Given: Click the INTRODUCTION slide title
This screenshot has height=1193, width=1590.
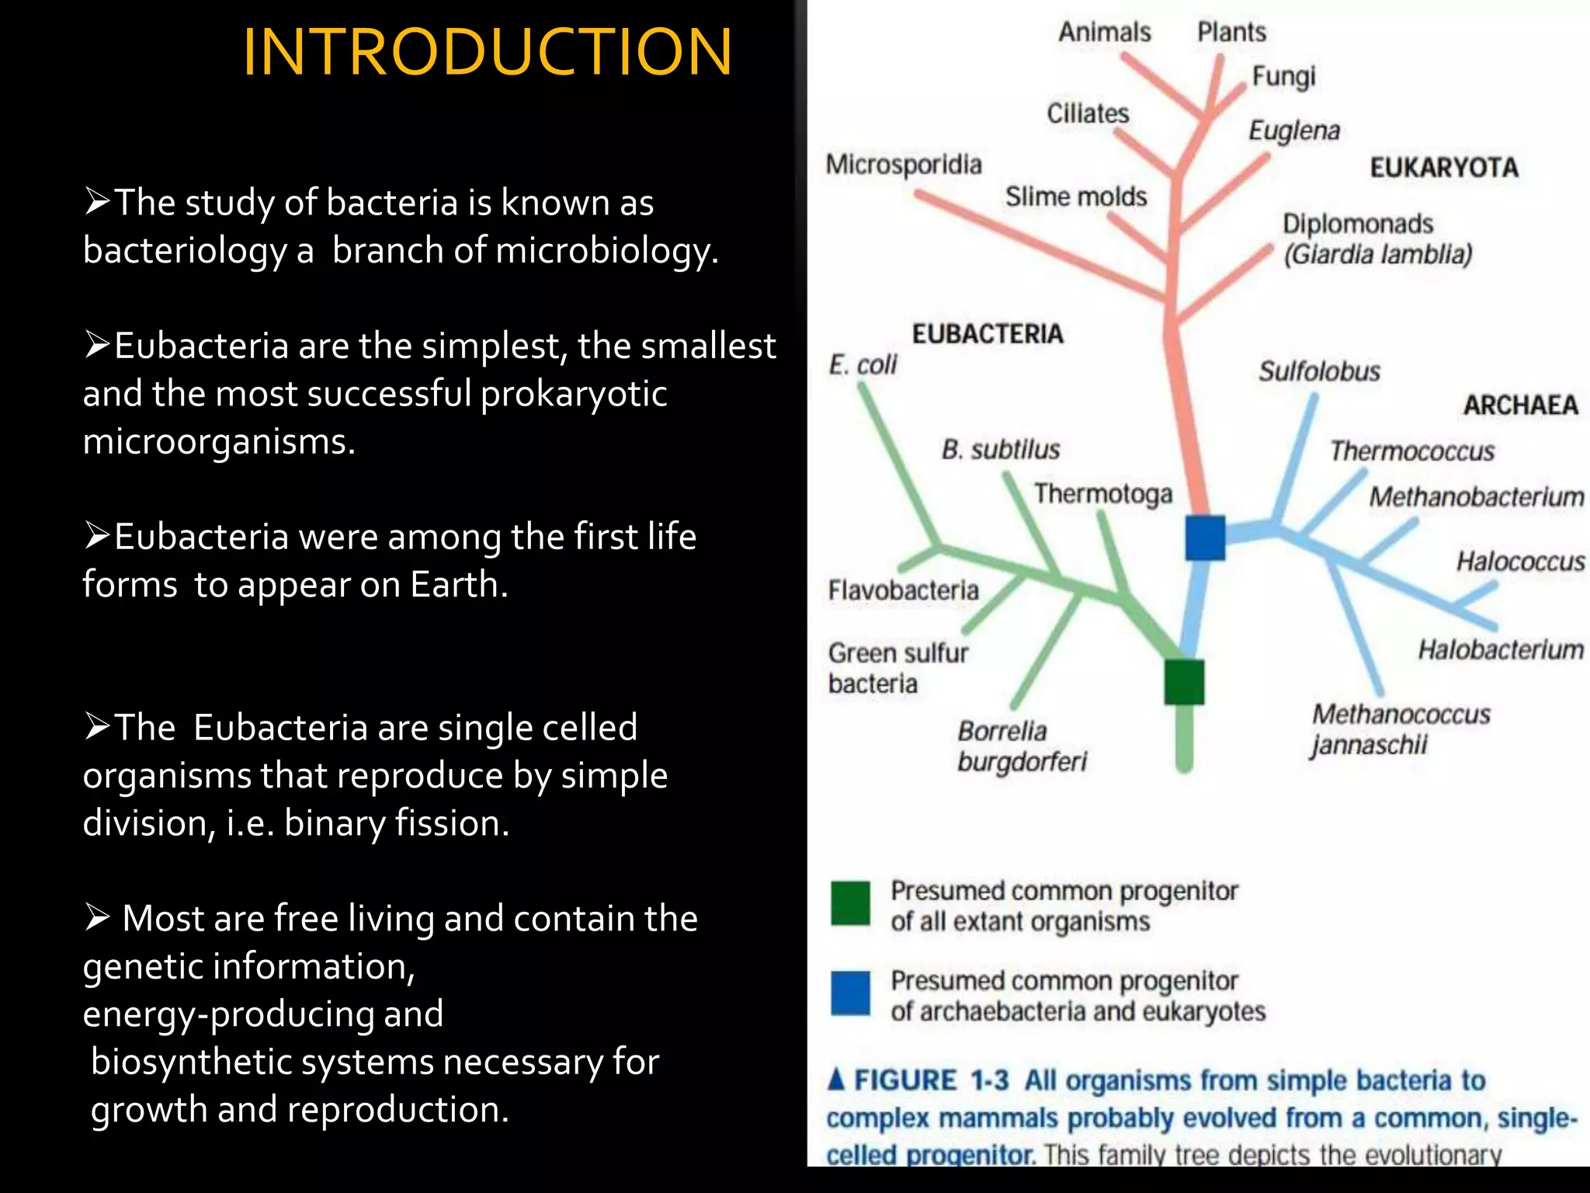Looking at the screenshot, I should (x=487, y=53).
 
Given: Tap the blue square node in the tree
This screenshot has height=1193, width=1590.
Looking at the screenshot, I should (x=1205, y=537).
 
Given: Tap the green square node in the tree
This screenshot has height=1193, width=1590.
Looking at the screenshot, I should (x=1184, y=681).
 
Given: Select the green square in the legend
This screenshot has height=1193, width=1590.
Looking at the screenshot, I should (x=850, y=903).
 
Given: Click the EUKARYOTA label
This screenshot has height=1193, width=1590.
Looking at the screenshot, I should (x=1443, y=168).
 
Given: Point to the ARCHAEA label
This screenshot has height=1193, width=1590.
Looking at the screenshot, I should (x=1520, y=405).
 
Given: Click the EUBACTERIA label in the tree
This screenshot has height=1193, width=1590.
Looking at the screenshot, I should (x=987, y=334).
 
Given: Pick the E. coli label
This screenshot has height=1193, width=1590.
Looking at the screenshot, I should (x=863, y=364).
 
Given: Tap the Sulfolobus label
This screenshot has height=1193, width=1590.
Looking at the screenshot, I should (x=1319, y=371).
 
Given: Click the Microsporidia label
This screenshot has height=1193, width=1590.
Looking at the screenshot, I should (x=903, y=165).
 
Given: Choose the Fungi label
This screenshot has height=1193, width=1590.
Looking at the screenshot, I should (x=1283, y=76).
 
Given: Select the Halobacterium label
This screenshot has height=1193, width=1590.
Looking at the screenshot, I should (x=1501, y=649).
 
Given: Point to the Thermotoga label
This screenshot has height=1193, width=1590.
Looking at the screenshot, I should (x=1102, y=493).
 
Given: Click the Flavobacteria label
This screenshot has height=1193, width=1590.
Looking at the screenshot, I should (x=903, y=590).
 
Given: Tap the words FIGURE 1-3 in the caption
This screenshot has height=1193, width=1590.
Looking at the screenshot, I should (x=931, y=1080).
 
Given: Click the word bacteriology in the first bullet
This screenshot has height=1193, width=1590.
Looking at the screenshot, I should (x=185, y=252).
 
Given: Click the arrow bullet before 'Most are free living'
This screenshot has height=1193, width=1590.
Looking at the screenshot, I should (x=98, y=918).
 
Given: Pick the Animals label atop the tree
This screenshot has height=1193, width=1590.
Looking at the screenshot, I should (x=1104, y=32).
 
